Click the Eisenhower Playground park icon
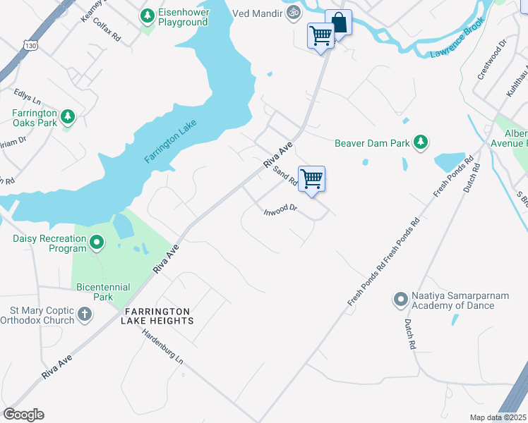pos(147,15)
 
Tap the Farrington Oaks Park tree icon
pos(68,116)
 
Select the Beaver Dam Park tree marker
pos(421,143)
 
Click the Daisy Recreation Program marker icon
pos(97,243)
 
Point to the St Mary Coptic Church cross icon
pos(84,314)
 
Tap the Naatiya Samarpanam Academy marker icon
pos(400,300)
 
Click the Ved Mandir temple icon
pos(294,12)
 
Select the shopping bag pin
pos(338,23)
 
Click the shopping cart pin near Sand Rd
pos(311,179)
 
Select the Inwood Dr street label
pos(281,209)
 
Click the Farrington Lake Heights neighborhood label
pos(158,316)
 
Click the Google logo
pos(23,415)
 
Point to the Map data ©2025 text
pos(496,417)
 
